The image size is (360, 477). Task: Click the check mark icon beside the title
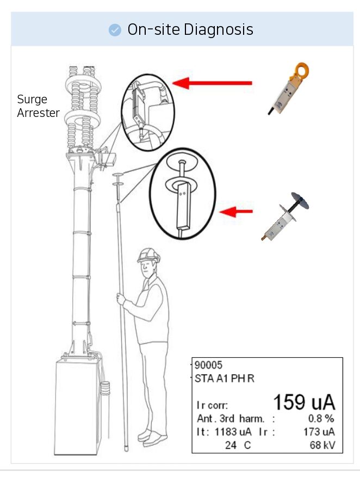[115, 29]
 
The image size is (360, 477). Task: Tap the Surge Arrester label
[38, 106]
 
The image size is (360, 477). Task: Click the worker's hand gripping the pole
[121, 299]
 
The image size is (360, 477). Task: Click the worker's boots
[152, 436]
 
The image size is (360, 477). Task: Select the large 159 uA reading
[303, 402]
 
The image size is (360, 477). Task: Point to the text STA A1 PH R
[224, 379]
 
